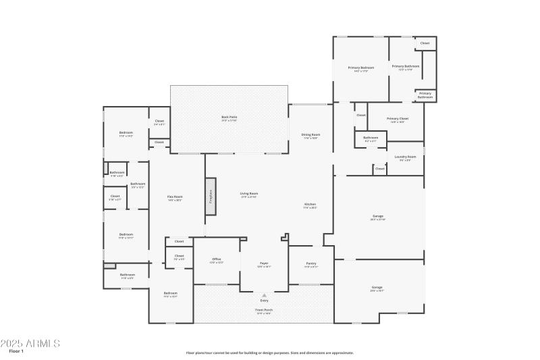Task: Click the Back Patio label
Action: coord(229,118)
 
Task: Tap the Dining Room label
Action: coord(310,136)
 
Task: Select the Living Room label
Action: coord(249,195)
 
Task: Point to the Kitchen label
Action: coord(310,205)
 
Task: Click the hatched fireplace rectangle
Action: coord(211,197)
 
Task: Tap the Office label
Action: coord(217,259)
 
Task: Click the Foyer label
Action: coord(264,263)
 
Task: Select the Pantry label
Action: coord(310,263)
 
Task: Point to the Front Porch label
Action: coord(263,311)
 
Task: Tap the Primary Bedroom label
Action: coord(361,68)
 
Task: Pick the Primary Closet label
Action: coord(398,119)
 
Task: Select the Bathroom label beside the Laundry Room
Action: coord(371,138)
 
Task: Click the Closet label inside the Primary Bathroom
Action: coord(425,43)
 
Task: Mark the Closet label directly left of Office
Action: coord(180,256)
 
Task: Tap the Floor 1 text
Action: coord(16,351)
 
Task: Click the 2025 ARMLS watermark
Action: coord(30,343)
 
